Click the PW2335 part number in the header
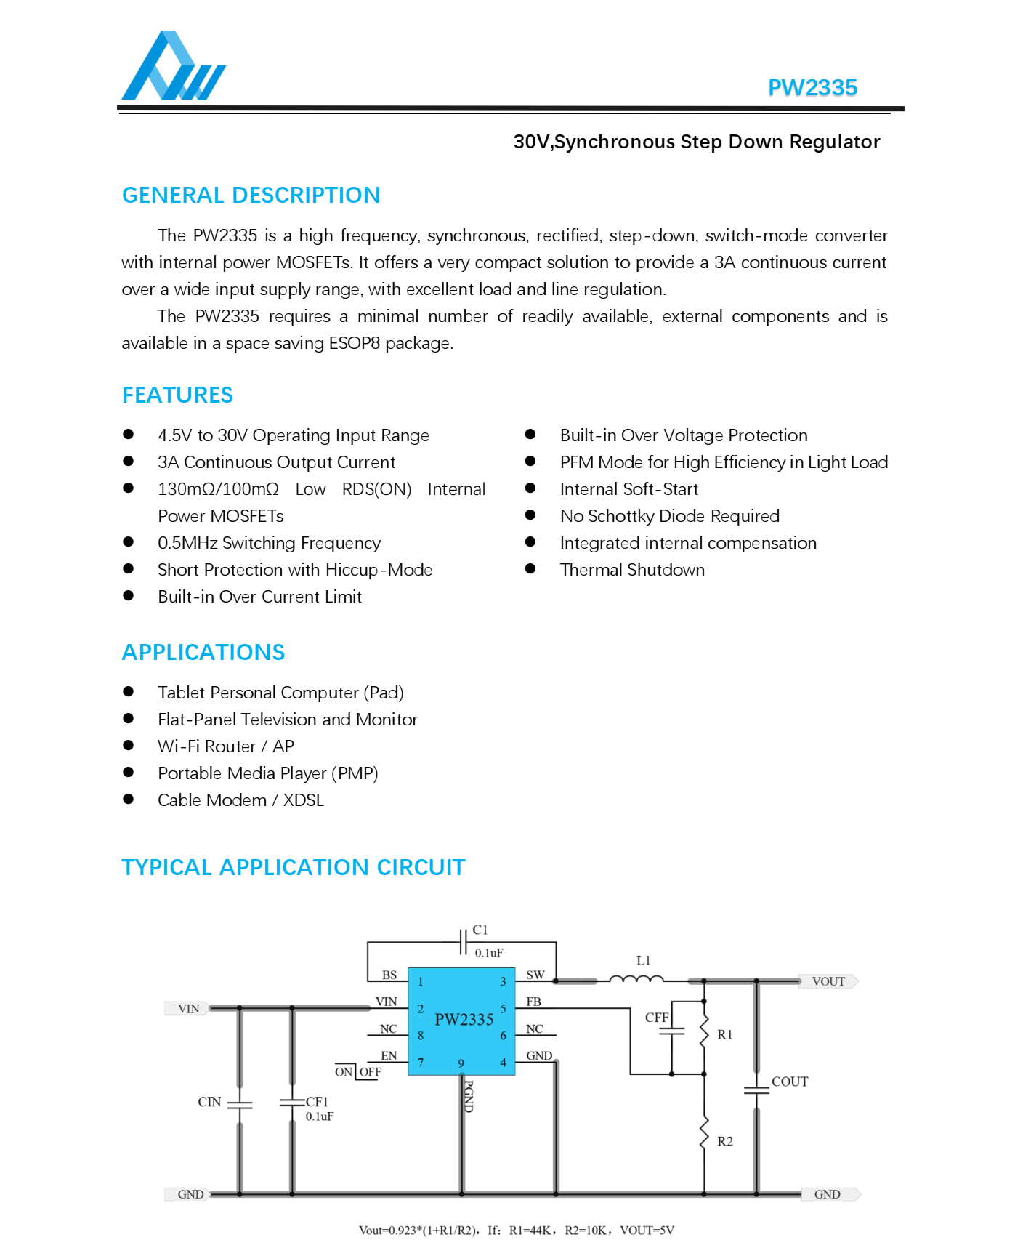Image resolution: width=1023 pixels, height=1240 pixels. pyautogui.click(x=812, y=88)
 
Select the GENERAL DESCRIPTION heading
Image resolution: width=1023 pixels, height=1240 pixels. pyautogui.click(x=251, y=196)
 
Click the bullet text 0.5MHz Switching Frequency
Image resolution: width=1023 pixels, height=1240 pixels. pyautogui.click(x=269, y=543)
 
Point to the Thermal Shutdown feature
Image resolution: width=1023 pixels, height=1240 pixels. pyautogui.click(x=632, y=570)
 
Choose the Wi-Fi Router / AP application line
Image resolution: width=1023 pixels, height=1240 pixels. pyautogui.click(x=226, y=746)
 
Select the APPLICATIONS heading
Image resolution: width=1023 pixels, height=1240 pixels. pyautogui.click(x=203, y=653)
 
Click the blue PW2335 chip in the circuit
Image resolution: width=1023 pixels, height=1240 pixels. pyautogui.click(x=461, y=1020)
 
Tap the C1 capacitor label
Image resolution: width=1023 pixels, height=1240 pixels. pyautogui.click(x=480, y=930)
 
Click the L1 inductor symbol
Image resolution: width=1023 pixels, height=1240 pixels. pyautogui.click(x=636, y=979)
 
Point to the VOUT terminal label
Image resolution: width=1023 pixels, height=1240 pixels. pyautogui.click(x=828, y=981)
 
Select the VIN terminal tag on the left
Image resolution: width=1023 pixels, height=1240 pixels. pyautogui.click(x=188, y=1009)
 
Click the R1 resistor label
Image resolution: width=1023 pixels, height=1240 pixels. pyautogui.click(x=724, y=1035)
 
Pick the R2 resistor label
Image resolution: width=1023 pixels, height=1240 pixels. pyautogui.click(x=724, y=1141)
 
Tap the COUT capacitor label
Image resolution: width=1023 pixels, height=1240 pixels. pyautogui.click(x=790, y=1082)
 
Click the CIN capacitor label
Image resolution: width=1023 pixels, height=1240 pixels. pyautogui.click(x=209, y=1102)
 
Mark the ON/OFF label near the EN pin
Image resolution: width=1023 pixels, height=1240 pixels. pyautogui.click(x=357, y=1072)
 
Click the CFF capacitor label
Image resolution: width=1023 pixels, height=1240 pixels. pyautogui.click(x=656, y=1018)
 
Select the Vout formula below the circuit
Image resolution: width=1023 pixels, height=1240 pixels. pyautogui.click(x=516, y=1230)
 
